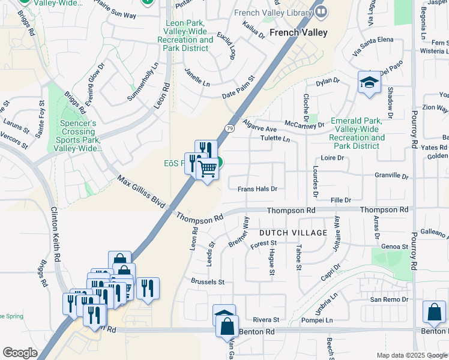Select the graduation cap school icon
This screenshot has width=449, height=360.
coord(369,83)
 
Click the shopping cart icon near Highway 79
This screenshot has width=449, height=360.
coord(207,170)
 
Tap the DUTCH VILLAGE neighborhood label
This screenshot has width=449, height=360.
coord(293,232)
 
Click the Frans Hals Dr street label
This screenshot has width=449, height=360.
coord(257,188)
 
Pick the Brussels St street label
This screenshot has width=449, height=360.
coord(207,281)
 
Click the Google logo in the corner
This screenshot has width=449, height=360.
coord(20,353)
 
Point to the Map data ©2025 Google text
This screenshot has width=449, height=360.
coord(412,355)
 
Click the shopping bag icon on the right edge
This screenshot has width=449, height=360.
coord(434,313)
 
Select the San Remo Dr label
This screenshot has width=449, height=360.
coord(388,299)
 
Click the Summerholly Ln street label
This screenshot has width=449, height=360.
coord(143,82)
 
